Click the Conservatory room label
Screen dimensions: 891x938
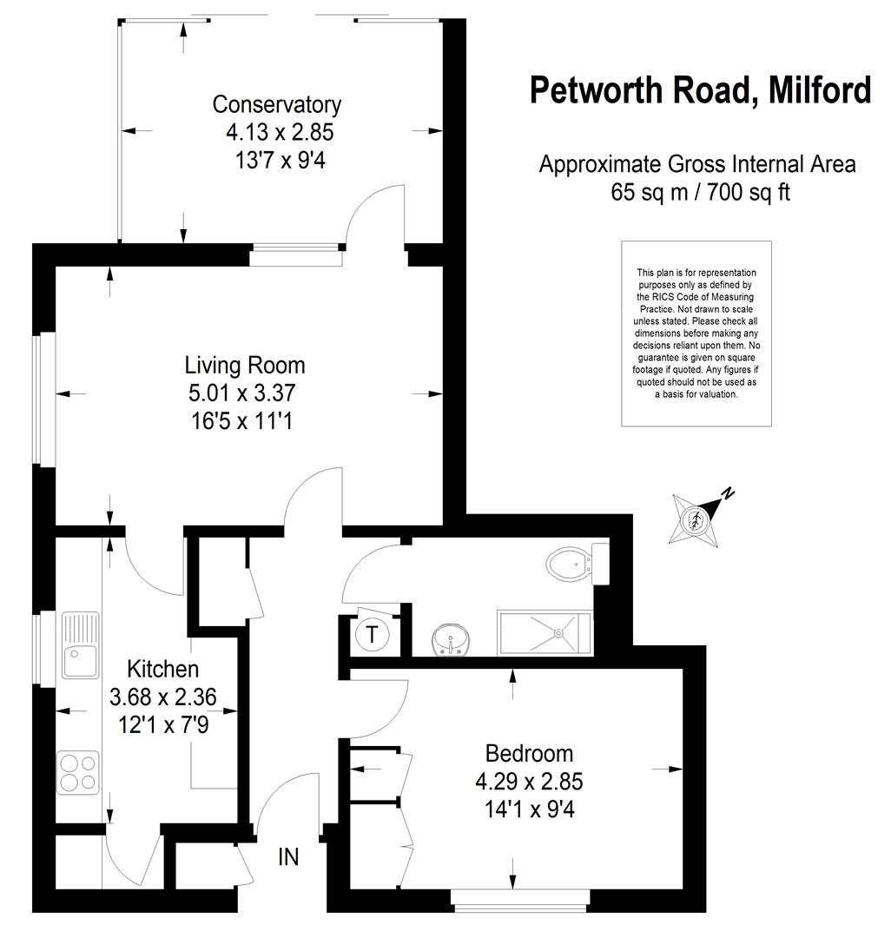(x=277, y=105)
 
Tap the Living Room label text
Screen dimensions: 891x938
(x=245, y=365)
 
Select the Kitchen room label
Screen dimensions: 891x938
(x=162, y=669)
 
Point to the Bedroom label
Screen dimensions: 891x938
(x=529, y=753)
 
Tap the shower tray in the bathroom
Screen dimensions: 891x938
(x=544, y=632)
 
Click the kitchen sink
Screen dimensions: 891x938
(x=80, y=644)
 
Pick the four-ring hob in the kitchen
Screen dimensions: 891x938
(x=78, y=772)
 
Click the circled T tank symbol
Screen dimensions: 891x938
(x=372, y=634)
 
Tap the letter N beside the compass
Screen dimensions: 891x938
(x=728, y=493)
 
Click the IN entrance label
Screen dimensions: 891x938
(x=288, y=857)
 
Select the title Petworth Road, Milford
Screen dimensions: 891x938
(x=700, y=90)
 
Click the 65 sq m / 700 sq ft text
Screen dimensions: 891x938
(x=700, y=192)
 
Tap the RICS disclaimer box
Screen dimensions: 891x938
(x=696, y=334)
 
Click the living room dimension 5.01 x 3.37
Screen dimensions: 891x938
(x=241, y=393)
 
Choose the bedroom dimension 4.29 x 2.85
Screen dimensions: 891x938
(x=529, y=782)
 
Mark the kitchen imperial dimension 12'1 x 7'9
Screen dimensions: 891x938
(x=163, y=725)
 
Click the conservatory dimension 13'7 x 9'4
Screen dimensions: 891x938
(x=280, y=161)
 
